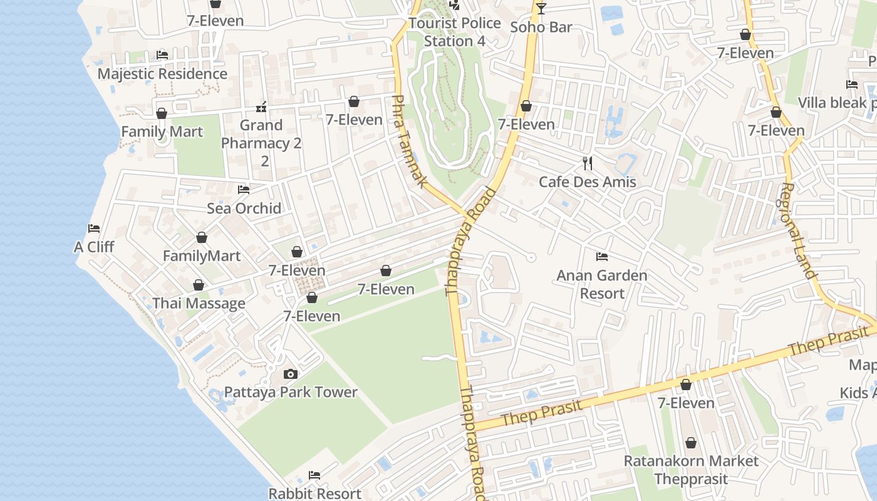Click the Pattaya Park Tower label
click(291, 393)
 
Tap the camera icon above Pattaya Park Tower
click(291, 374)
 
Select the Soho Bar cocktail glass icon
click(541, 9)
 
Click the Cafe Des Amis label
click(588, 182)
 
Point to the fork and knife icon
click(588, 163)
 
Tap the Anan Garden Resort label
click(602, 284)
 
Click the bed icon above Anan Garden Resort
click(602, 257)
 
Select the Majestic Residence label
click(162, 74)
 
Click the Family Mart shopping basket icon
click(162, 113)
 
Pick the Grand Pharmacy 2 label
click(261, 143)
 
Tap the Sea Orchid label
click(244, 209)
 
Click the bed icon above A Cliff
click(94, 229)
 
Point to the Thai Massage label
click(199, 304)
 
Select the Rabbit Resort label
click(314, 493)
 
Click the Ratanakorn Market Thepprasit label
click(691, 470)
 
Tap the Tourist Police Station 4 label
click(455, 32)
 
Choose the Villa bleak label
click(837, 103)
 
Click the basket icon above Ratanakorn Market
click(691, 443)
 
